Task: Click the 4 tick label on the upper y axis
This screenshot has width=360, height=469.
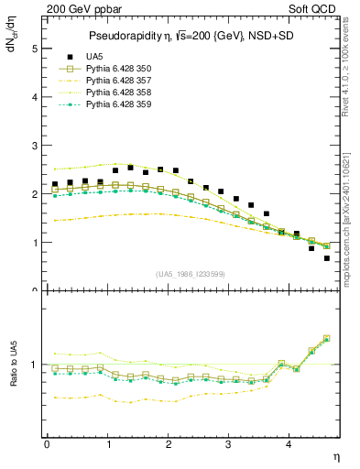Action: pyautogui.click(x=34, y=96)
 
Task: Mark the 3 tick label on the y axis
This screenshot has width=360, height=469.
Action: pyautogui.click(x=34, y=146)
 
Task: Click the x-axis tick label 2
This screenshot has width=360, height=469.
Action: pyautogui.click(x=169, y=444)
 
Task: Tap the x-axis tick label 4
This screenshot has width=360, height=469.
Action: pyautogui.click(x=289, y=444)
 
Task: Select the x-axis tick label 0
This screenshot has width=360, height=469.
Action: pyautogui.click(x=47, y=444)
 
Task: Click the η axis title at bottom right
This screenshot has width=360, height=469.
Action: pyautogui.click(x=335, y=454)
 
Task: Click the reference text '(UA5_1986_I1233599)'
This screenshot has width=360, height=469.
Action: pyautogui.click(x=191, y=274)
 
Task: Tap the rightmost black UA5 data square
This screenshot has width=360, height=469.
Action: pyautogui.click(x=327, y=258)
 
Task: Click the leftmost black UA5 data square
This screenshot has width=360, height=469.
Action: pyautogui.click(x=54, y=184)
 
